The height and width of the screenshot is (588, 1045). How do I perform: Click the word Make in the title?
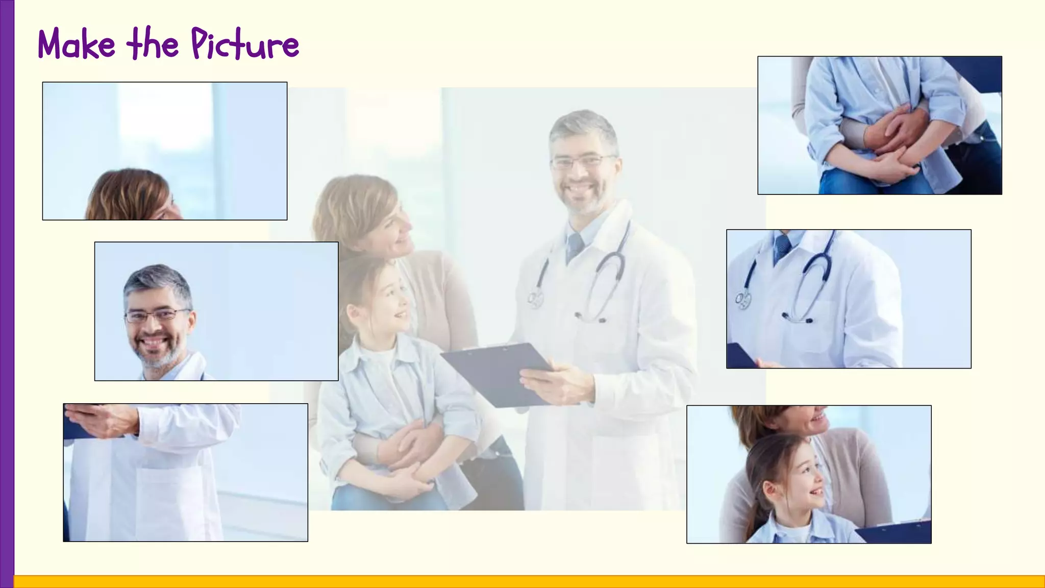pyautogui.click(x=77, y=45)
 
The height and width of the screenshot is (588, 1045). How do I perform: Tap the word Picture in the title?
pyautogui.click(x=245, y=45)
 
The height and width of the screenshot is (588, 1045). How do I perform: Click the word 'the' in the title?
pyautogui.click(x=153, y=45)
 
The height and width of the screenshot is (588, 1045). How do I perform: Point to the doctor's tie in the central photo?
pyautogui.click(x=575, y=247)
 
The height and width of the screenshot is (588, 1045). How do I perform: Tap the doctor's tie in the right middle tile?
pyautogui.click(x=781, y=247)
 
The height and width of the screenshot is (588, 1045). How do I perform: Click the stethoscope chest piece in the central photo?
pyautogui.click(x=535, y=299)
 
